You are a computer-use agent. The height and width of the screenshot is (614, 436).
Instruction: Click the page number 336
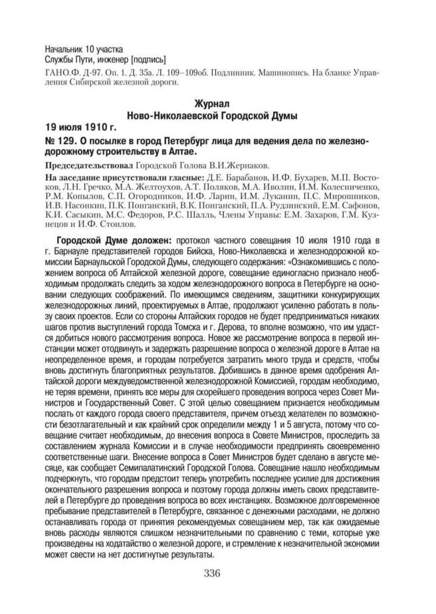point(218,574)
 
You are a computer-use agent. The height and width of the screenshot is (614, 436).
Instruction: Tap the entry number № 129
point(60,141)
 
